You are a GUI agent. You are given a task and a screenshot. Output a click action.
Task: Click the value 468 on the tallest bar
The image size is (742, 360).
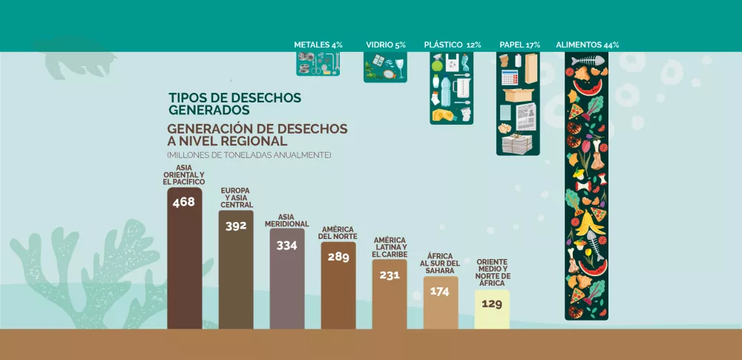183,201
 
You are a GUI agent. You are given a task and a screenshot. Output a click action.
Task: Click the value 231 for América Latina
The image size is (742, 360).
389,275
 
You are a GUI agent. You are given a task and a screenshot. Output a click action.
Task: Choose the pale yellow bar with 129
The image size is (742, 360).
491,310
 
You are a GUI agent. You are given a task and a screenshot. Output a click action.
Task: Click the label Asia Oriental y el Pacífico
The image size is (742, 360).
183,174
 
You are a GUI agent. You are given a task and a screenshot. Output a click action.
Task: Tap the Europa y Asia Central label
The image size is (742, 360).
236,197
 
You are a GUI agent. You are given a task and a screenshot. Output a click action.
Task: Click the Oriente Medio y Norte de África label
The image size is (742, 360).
492,272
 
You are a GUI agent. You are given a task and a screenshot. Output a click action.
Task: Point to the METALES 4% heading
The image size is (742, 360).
318,45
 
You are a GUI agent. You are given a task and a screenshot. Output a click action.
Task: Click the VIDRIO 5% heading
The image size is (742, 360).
385,45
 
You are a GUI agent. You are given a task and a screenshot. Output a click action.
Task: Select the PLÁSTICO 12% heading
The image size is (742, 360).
453,45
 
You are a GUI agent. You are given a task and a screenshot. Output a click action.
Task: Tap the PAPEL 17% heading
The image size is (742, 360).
519,45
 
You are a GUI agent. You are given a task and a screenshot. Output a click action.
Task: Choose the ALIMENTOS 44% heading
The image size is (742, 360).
587,45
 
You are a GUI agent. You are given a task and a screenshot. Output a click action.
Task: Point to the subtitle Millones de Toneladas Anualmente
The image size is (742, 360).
249,155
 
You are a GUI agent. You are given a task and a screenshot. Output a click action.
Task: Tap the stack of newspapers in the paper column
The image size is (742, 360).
518,143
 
